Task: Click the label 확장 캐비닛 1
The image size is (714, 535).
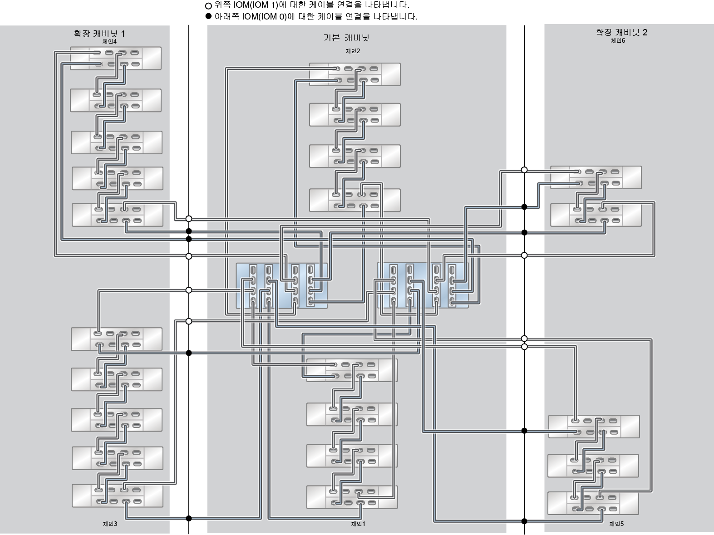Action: point(99,34)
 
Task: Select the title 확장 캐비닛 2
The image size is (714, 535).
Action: point(621,32)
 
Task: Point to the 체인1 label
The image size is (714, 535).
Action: point(358,524)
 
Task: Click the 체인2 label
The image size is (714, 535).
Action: point(353,51)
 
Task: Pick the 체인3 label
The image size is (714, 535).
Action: point(110,524)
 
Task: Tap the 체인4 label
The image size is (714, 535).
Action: point(109,41)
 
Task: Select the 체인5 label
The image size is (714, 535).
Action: point(616,524)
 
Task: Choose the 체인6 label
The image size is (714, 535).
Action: point(618,40)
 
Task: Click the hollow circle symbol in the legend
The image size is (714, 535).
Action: point(208,6)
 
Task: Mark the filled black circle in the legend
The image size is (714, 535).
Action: point(208,16)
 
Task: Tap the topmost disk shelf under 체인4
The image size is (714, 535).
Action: point(116,58)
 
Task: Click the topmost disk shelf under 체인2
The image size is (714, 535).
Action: point(355,74)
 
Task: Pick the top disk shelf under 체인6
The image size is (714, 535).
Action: point(596,177)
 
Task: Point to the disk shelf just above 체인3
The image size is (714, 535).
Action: point(117,496)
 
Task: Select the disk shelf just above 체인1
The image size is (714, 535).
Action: point(352,497)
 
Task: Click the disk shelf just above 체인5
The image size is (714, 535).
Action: point(593,503)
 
